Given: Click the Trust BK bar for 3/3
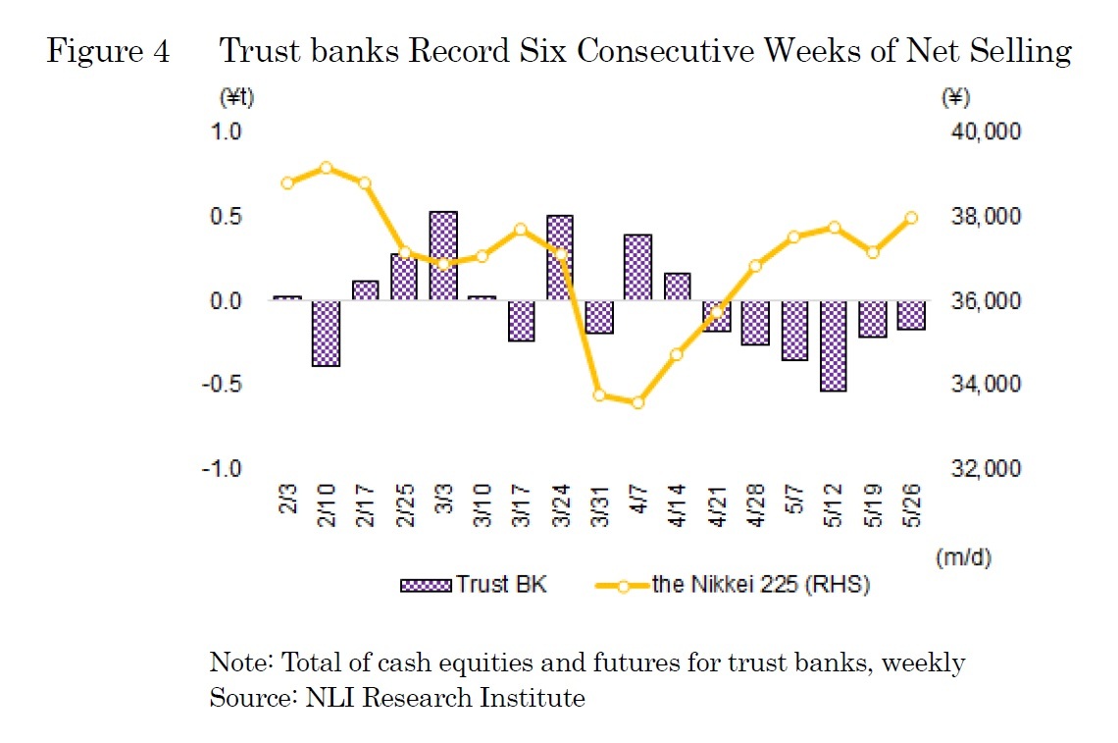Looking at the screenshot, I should pyautogui.click(x=443, y=255).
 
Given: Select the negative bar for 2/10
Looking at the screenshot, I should pyautogui.click(x=326, y=333).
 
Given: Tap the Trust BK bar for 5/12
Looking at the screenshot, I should pyautogui.click(x=833, y=345).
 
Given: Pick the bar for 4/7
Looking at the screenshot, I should pyautogui.click(x=637, y=267).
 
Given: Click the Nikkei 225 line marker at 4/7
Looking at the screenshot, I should pyautogui.click(x=637, y=402).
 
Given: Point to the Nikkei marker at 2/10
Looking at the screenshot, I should pyautogui.click(x=326, y=168).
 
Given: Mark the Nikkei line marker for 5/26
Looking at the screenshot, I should pyautogui.click(x=910, y=218).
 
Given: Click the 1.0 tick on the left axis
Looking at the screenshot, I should pyautogui.click(x=227, y=132).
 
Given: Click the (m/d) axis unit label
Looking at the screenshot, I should pyautogui.click(x=965, y=557).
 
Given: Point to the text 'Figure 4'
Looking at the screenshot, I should pyautogui.click(x=108, y=51).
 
